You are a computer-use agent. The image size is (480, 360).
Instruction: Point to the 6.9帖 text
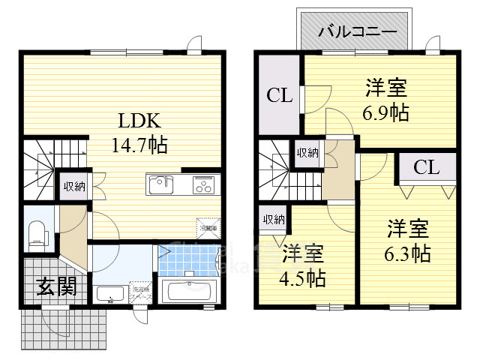(386, 113)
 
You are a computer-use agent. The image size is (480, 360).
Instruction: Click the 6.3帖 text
(408, 253)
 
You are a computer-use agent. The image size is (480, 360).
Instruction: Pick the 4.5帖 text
(304, 277)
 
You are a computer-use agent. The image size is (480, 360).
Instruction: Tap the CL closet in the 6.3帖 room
(426, 168)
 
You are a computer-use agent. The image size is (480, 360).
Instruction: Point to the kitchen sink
(160, 184)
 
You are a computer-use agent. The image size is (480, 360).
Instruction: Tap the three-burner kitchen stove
(204, 184)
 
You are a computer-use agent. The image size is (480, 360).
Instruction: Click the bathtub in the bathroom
(189, 289)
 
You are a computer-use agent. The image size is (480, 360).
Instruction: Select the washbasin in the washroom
(111, 294)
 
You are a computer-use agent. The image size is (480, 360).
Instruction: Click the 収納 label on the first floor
(73, 187)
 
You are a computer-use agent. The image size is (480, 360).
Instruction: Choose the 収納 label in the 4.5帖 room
(273, 219)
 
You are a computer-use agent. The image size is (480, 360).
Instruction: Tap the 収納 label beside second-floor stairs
(307, 153)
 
